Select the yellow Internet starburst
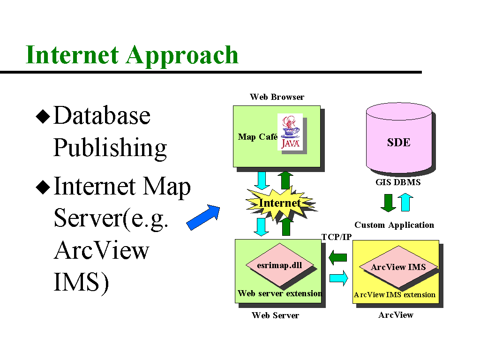(280, 203)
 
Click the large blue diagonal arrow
(203, 218)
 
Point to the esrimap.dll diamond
(280, 265)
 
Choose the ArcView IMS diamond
(398, 267)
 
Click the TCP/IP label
(336, 237)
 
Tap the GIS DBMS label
(398, 182)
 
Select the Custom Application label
(394, 225)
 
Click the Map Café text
(258, 137)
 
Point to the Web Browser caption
(277, 97)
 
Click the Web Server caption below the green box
(275, 315)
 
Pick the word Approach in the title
(182, 55)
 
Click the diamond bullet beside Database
(43, 116)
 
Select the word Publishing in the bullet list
(110, 148)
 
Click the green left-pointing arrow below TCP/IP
(337, 257)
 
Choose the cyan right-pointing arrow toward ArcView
(338, 278)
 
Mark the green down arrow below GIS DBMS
(388, 202)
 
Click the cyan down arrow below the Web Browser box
(261, 180)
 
